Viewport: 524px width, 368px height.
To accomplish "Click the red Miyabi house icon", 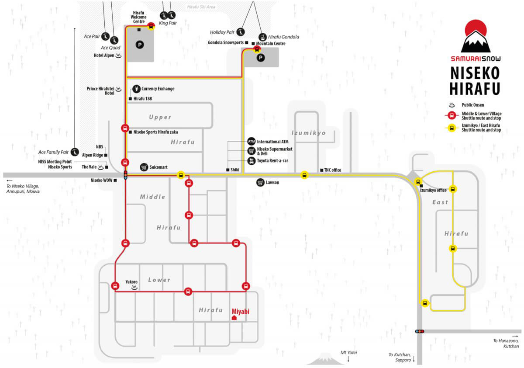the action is [234, 318].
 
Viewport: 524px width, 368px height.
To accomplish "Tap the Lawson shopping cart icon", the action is [260, 182].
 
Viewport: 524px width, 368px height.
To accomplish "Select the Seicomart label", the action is [159, 167].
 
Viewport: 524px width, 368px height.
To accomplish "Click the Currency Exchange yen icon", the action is [136, 89].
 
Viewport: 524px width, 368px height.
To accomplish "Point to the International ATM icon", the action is [252, 142].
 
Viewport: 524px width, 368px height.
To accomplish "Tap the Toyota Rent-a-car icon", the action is [252, 161].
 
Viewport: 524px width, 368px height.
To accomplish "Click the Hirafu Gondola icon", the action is [263, 37].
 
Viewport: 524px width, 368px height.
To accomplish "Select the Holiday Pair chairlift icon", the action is [241, 32].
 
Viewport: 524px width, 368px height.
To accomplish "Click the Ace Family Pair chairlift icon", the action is [75, 152].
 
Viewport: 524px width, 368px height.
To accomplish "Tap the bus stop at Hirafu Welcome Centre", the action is [151, 26].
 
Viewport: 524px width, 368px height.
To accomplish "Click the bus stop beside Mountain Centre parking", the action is [257, 49].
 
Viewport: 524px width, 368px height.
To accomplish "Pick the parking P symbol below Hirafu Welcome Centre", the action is [140, 45].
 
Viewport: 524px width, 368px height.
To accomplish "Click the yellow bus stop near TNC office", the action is [304, 175].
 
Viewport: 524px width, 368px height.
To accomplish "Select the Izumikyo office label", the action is [433, 190].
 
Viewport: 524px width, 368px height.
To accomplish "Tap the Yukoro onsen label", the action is [131, 281].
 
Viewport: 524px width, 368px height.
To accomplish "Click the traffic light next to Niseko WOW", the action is [126, 175].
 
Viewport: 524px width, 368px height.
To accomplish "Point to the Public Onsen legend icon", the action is [452, 105].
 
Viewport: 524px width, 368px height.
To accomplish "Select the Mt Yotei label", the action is [348, 353].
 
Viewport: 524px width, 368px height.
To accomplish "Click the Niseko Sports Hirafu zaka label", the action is [155, 132].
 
